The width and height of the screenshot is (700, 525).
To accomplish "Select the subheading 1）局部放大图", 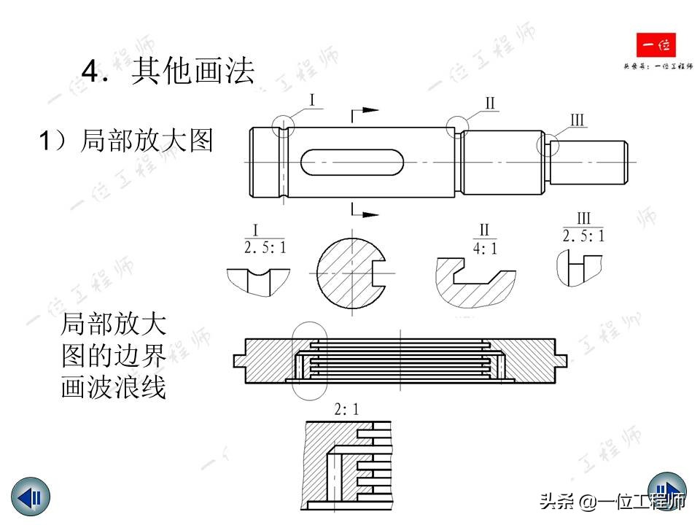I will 126,141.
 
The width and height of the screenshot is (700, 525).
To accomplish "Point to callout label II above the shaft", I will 490,104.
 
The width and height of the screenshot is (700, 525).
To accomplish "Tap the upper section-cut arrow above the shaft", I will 365,111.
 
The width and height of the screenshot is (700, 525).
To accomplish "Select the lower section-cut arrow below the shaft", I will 365,213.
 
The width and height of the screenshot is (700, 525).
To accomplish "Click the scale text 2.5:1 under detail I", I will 264,247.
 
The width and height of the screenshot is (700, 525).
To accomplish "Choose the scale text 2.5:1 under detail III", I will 583,236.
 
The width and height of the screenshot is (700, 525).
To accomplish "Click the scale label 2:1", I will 346,409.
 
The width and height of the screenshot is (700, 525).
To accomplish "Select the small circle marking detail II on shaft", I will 458,127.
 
